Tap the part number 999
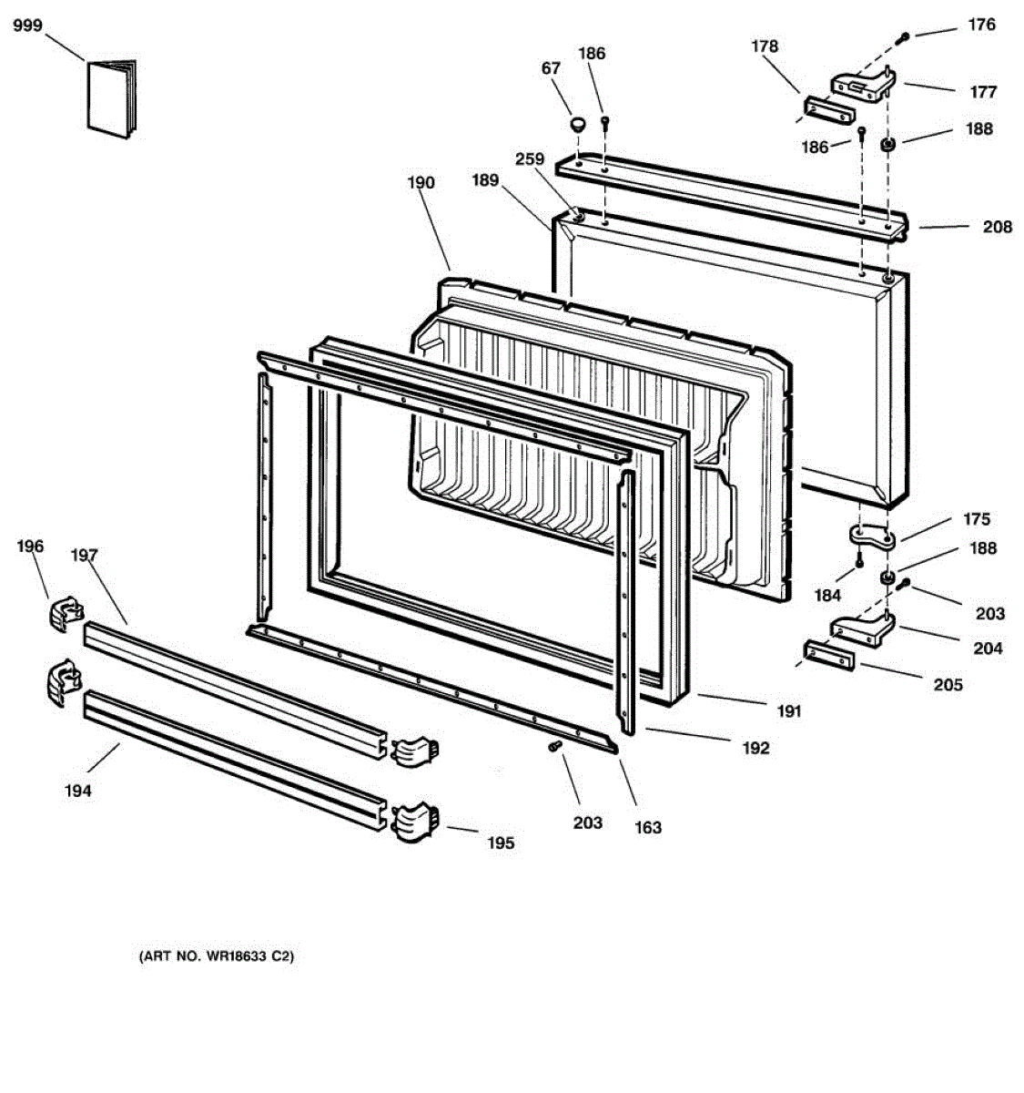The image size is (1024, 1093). [28, 26]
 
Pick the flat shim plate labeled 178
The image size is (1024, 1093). [827, 112]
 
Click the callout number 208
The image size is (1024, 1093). [997, 227]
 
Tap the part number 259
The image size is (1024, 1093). [529, 159]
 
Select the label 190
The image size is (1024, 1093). [421, 183]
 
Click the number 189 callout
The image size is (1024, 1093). [485, 180]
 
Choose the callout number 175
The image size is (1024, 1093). [977, 519]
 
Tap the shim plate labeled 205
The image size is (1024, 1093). [828, 655]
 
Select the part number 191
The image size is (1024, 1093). [789, 710]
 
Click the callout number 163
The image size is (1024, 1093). [648, 828]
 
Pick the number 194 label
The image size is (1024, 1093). [77, 792]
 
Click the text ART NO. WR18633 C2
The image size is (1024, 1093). [216, 957]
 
